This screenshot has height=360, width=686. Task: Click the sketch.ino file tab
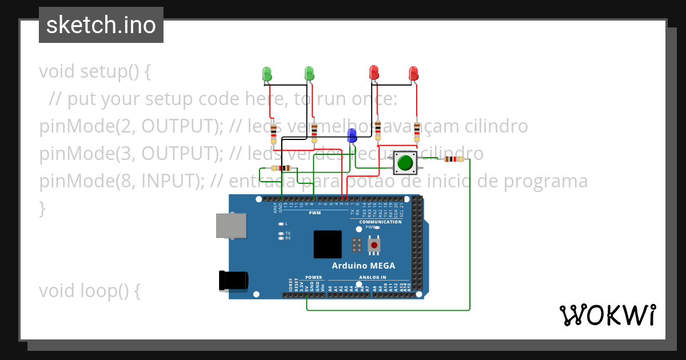[x=101, y=25]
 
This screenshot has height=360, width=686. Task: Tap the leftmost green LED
[x=267, y=73]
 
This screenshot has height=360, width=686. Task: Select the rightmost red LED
[x=414, y=73]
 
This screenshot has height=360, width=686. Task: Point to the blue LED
[x=352, y=135]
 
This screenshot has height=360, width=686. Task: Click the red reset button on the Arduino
[x=374, y=245]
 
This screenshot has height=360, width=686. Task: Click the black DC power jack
[x=233, y=280]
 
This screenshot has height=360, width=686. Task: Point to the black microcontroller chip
[x=328, y=244]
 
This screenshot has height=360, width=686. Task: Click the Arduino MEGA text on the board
[x=364, y=266]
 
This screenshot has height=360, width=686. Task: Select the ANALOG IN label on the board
[x=372, y=277]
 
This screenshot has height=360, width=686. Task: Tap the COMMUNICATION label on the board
[x=380, y=222]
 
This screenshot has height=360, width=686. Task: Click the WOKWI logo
[x=607, y=315]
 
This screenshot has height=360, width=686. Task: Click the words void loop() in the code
[x=89, y=291]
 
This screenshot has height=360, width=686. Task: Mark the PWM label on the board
[x=314, y=213]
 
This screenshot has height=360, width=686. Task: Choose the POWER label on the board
[x=314, y=277]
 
